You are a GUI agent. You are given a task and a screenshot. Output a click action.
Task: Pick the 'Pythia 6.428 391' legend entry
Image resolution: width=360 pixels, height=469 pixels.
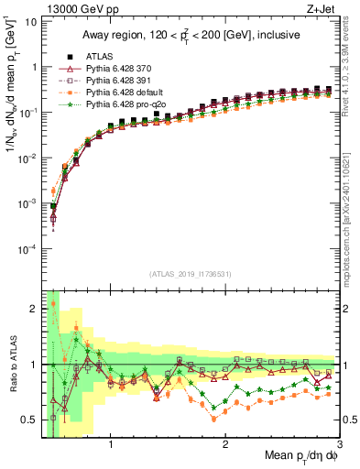click(118, 81)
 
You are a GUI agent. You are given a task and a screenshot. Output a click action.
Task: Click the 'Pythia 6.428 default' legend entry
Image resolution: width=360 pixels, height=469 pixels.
click(123, 93)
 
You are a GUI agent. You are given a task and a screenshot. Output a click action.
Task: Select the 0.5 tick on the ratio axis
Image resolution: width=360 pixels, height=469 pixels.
click(32, 420)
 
